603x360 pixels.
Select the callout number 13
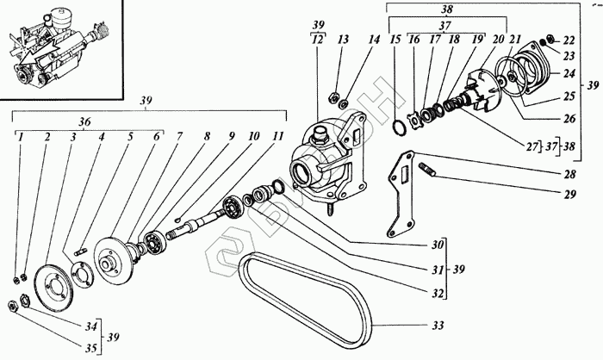[x=342, y=40]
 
